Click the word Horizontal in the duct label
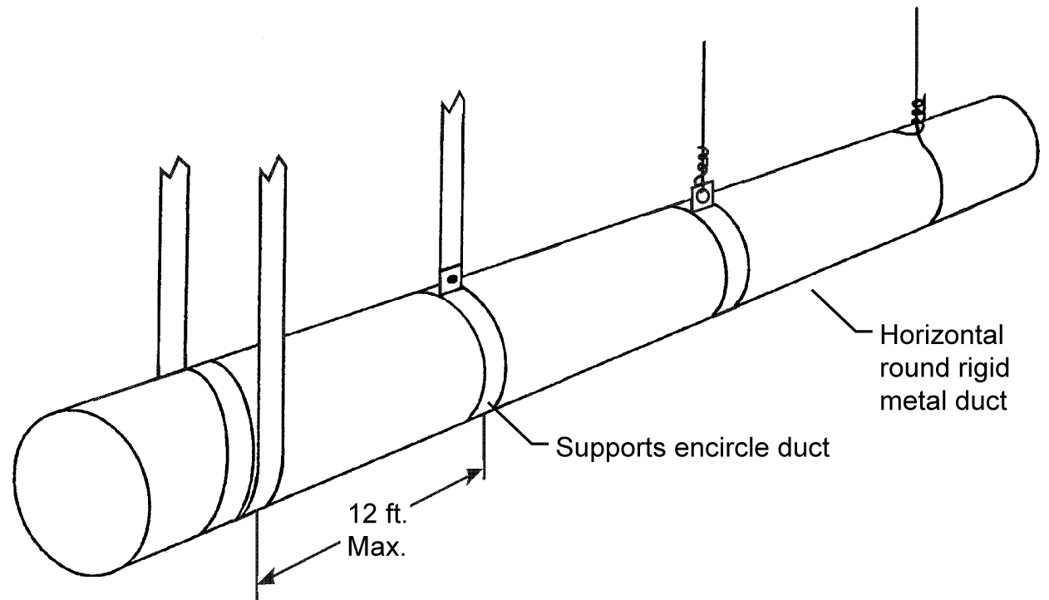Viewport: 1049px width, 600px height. click(943, 338)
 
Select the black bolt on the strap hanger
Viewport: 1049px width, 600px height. click(451, 280)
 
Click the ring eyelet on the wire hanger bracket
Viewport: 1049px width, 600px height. click(703, 196)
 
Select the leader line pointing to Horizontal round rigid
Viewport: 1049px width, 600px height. click(840, 312)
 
